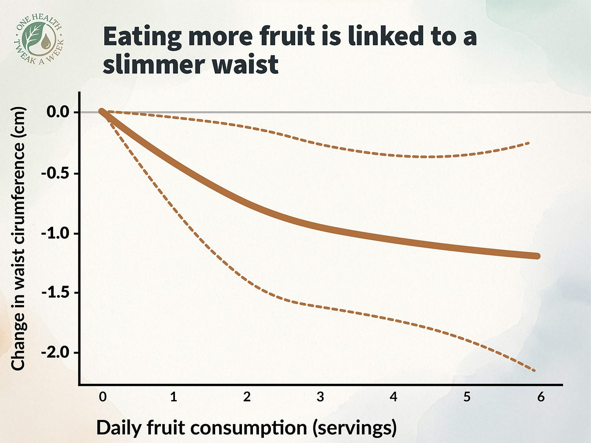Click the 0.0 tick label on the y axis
click(x=58, y=112)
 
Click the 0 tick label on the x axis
click(x=103, y=396)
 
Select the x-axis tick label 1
click(x=174, y=396)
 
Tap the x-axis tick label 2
click(x=247, y=396)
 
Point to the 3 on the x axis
click(x=320, y=396)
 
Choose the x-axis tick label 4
click(x=393, y=396)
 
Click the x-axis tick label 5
click(x=467, y=396)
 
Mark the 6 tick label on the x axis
click(x=541, y=396)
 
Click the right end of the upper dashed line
click(x=528, y=143)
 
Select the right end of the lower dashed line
click(x=534, y=370)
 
